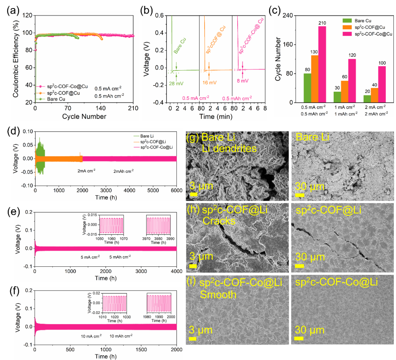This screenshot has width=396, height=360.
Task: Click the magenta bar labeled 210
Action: [322, 64]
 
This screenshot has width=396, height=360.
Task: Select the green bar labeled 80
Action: [307, 88]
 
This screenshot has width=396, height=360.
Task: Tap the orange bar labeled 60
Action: [345, 92]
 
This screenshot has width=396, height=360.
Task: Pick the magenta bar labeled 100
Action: [382, 84]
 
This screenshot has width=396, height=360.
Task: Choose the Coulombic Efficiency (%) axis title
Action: [16, 59]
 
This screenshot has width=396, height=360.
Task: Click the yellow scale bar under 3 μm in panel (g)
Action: [194, 194]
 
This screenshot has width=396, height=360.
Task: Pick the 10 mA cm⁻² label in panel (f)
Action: [91, 336]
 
